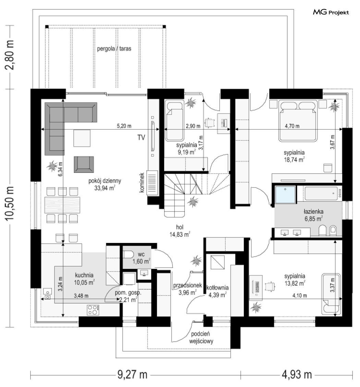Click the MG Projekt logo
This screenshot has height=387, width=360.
(x=331, y=12)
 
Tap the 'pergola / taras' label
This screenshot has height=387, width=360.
(x=114, y=49)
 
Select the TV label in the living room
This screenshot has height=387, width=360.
(x=141, y=138)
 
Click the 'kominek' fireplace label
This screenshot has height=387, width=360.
(x=142, y=183)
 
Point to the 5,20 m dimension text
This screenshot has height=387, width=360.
(x=124, y=126)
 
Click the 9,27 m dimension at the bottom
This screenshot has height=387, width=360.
(x=132, y=375)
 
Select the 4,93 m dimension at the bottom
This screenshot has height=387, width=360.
(x=297, y=375)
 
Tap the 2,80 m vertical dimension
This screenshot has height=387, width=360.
(x=10, y=55)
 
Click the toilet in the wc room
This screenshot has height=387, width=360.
(x=128, y=255)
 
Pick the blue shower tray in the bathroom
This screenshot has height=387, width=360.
(x=285, y=195)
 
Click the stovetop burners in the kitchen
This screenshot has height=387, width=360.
(x=93, y=310)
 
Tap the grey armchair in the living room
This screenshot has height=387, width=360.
(x=84, y=164)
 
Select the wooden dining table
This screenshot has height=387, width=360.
(x=62, y=205)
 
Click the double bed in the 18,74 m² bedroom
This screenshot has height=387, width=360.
(x=298, y=121)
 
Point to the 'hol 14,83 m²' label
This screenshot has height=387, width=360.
(x=180, y=231)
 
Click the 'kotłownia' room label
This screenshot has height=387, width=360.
(x=217, y=288)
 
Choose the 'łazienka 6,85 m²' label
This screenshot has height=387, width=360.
(x=313, y=215)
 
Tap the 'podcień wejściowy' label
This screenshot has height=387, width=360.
(x=201, y=338)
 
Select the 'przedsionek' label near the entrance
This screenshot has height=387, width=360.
(x=188, y=285)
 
